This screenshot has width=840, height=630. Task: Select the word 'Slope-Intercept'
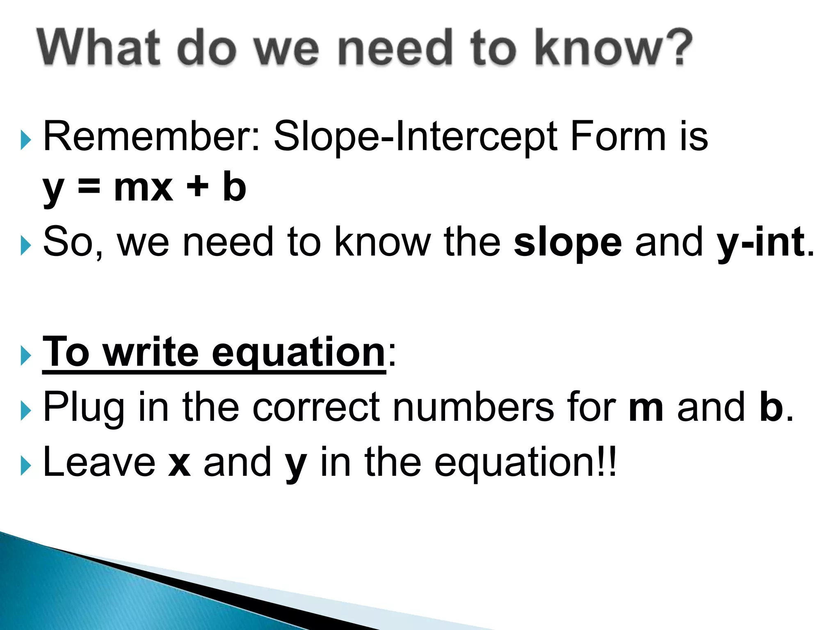(415, 137)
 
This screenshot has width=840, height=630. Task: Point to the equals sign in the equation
(89, 188)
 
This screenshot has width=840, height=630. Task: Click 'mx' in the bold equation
(143, 188)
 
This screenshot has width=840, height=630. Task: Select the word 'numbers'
(473, 407)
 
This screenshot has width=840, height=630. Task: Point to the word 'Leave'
(99, 462)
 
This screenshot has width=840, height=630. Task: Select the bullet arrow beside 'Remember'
(25, 140)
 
